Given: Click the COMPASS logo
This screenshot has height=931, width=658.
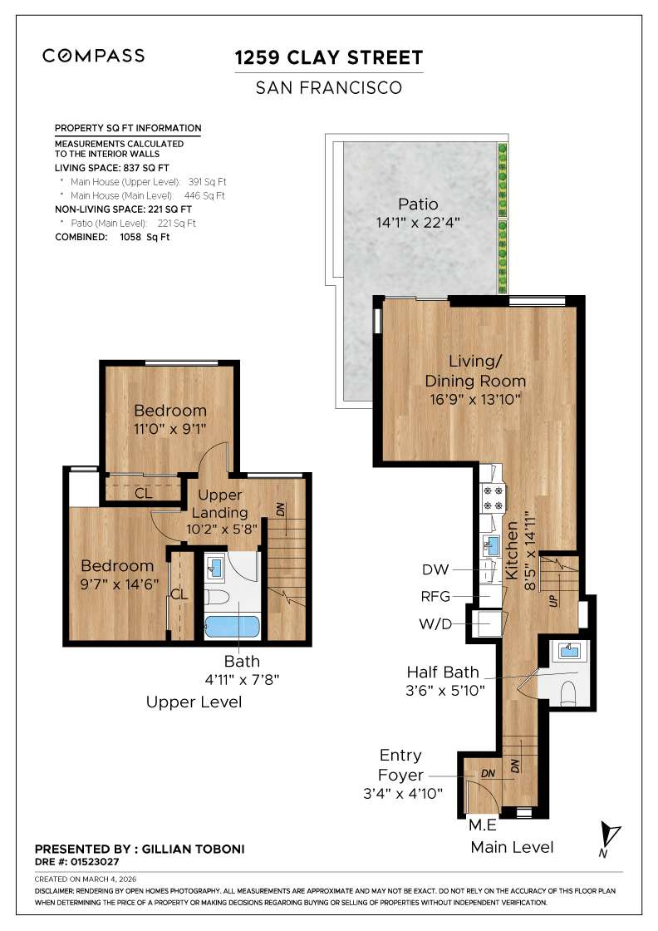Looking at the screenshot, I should (93, 56).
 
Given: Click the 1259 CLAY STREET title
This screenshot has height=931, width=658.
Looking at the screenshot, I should (329, 57).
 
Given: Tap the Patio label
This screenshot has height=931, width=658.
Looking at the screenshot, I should (417, 204).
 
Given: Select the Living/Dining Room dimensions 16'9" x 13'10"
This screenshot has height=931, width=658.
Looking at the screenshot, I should (475, 400).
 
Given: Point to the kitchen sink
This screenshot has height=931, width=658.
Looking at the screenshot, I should (491, 545).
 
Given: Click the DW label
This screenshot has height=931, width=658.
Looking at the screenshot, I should (435, 570).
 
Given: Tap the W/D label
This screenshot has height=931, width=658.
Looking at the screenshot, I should (435, 623).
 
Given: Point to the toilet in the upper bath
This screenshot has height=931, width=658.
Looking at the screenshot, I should (215, 596).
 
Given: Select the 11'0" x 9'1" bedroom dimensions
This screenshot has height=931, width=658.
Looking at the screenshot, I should (170, 430).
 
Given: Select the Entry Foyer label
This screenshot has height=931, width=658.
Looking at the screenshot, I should (400, 766).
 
